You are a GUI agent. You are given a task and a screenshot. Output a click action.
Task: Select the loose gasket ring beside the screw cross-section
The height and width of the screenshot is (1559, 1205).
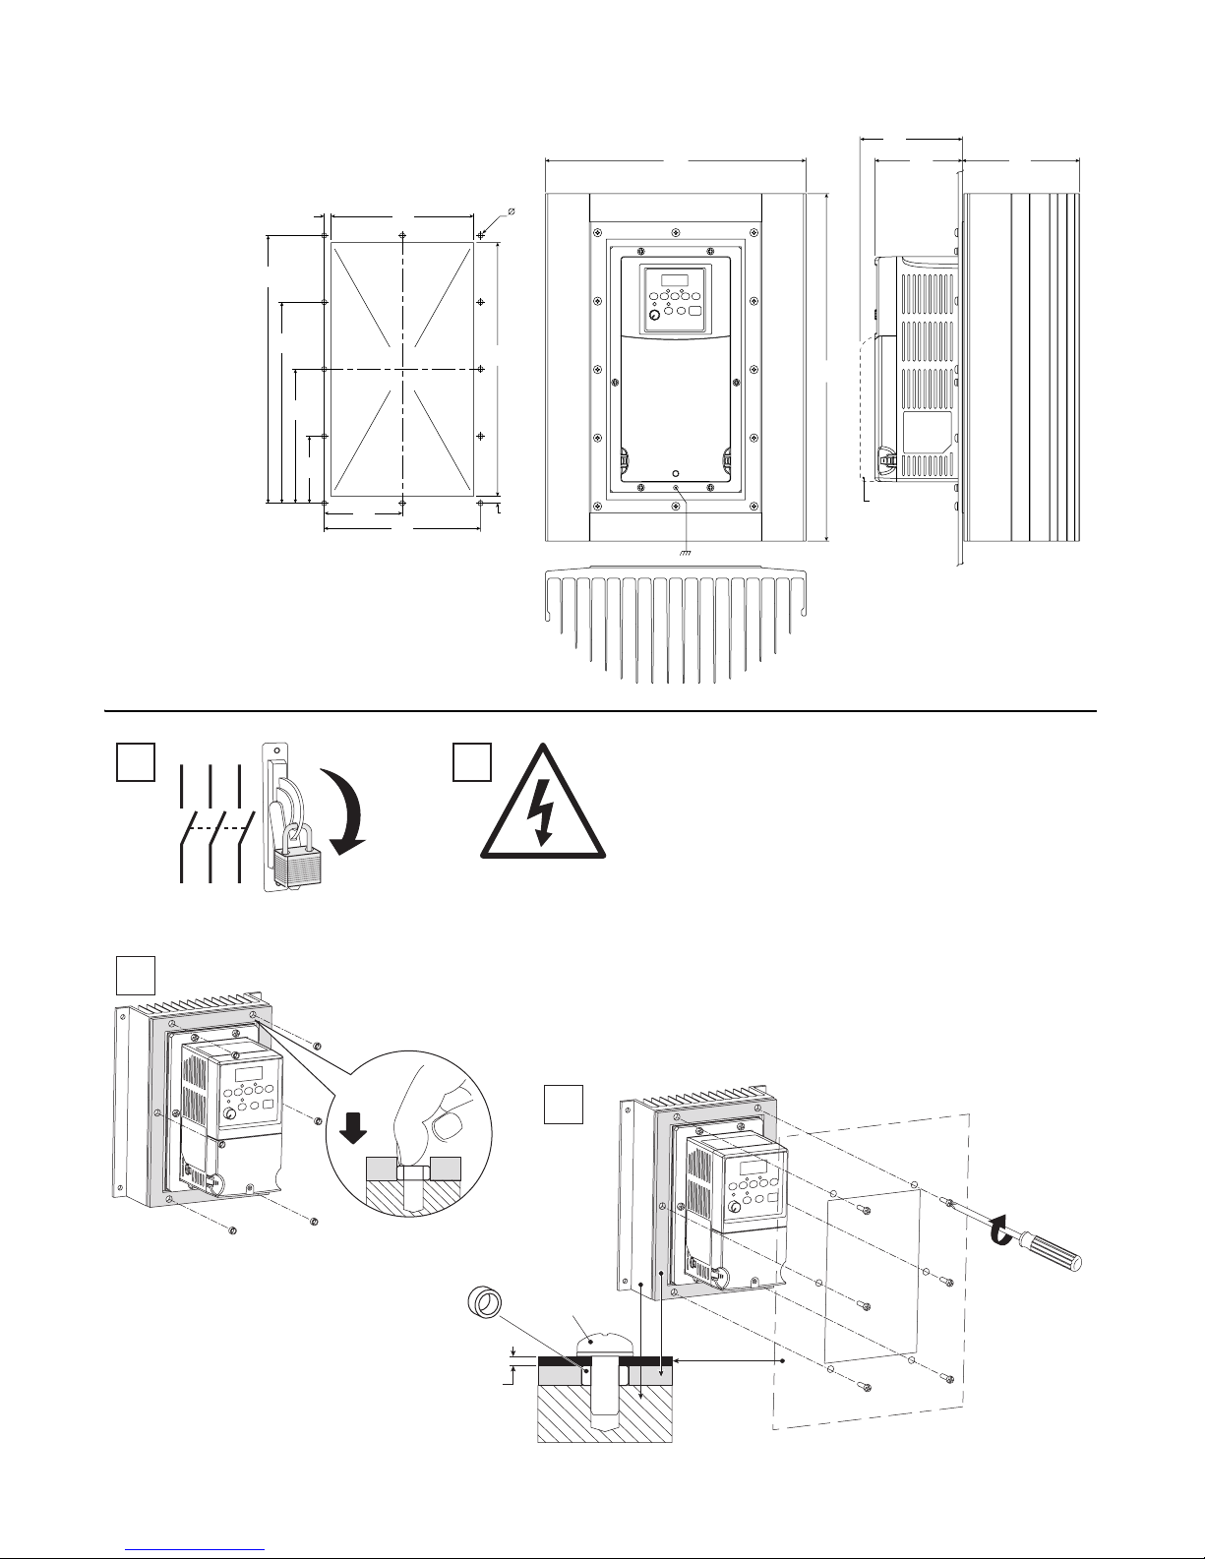pos(483,1307)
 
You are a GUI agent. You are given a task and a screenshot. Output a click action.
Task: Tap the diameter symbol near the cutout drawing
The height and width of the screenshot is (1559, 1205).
pos(512,211)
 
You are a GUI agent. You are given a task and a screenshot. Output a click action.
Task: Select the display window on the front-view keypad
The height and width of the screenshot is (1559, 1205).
pos(674,278)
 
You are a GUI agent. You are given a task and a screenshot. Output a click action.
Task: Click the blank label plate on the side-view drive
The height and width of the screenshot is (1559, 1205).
pos(927,431)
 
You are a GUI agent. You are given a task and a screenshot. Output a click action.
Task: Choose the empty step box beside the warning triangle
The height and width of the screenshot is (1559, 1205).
pos(472,762)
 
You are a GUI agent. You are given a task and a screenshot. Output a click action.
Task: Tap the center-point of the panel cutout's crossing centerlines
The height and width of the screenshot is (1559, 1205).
pos(402,369)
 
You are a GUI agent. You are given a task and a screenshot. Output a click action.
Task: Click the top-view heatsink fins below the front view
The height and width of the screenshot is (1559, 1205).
pos(674,620)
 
